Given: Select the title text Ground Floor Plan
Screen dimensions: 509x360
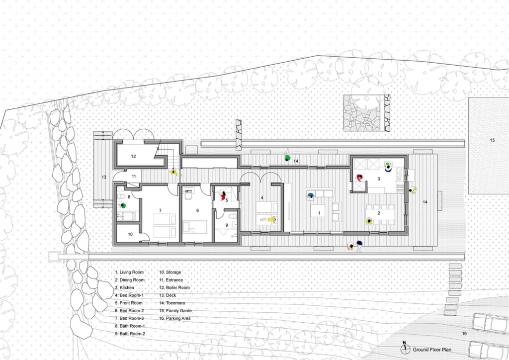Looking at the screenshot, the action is tap(432, 350).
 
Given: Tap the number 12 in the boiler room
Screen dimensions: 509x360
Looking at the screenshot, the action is tap(133, 156).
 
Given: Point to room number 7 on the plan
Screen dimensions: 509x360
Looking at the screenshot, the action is tap(160, 210).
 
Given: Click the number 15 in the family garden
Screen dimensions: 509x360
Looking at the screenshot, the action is tap(492, 140).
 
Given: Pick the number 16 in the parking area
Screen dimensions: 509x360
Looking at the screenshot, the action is tap(464, 333).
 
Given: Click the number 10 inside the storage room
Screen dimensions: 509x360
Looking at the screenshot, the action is tap(130, 234).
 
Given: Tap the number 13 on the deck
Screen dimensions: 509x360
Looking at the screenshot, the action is tap(104, 177).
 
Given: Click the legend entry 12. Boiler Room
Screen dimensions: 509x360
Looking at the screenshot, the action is tap(174, 287).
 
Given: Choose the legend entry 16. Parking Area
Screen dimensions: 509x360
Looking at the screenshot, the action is tap(174, 318).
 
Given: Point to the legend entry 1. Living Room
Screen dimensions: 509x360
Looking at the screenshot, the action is tap(129, 272).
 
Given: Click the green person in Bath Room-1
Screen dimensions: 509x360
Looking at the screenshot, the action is tap(123, 205).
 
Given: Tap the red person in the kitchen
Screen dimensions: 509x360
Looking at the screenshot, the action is tap(359, 178).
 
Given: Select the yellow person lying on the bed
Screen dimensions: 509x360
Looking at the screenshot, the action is tap(268, 220).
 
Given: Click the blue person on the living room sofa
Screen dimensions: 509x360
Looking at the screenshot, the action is tap(311, 195).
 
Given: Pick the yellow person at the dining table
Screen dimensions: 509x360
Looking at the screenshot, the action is tap(369, 221).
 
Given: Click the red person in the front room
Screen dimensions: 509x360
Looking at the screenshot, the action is tap(223, 196).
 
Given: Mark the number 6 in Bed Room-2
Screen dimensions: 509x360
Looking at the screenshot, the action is tap(197, 210).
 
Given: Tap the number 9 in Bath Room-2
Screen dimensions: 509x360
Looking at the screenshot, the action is tap(227, 225).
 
